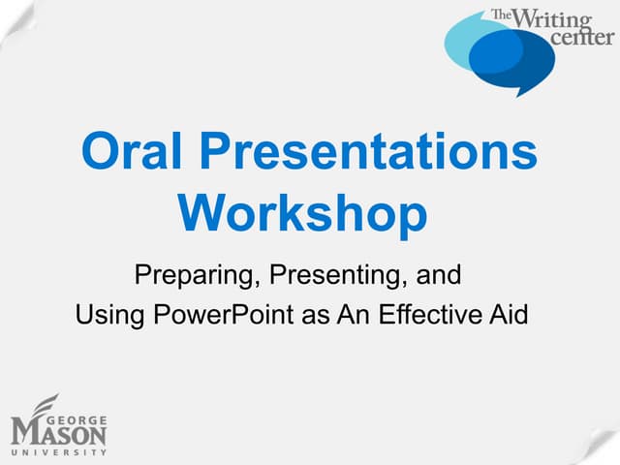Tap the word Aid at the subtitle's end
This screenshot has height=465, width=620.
coord(508,315)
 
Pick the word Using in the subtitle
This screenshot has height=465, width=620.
coord(105,315)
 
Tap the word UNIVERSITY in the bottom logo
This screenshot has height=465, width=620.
coord(58,451)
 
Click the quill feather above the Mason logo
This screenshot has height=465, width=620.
coord(43,406)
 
